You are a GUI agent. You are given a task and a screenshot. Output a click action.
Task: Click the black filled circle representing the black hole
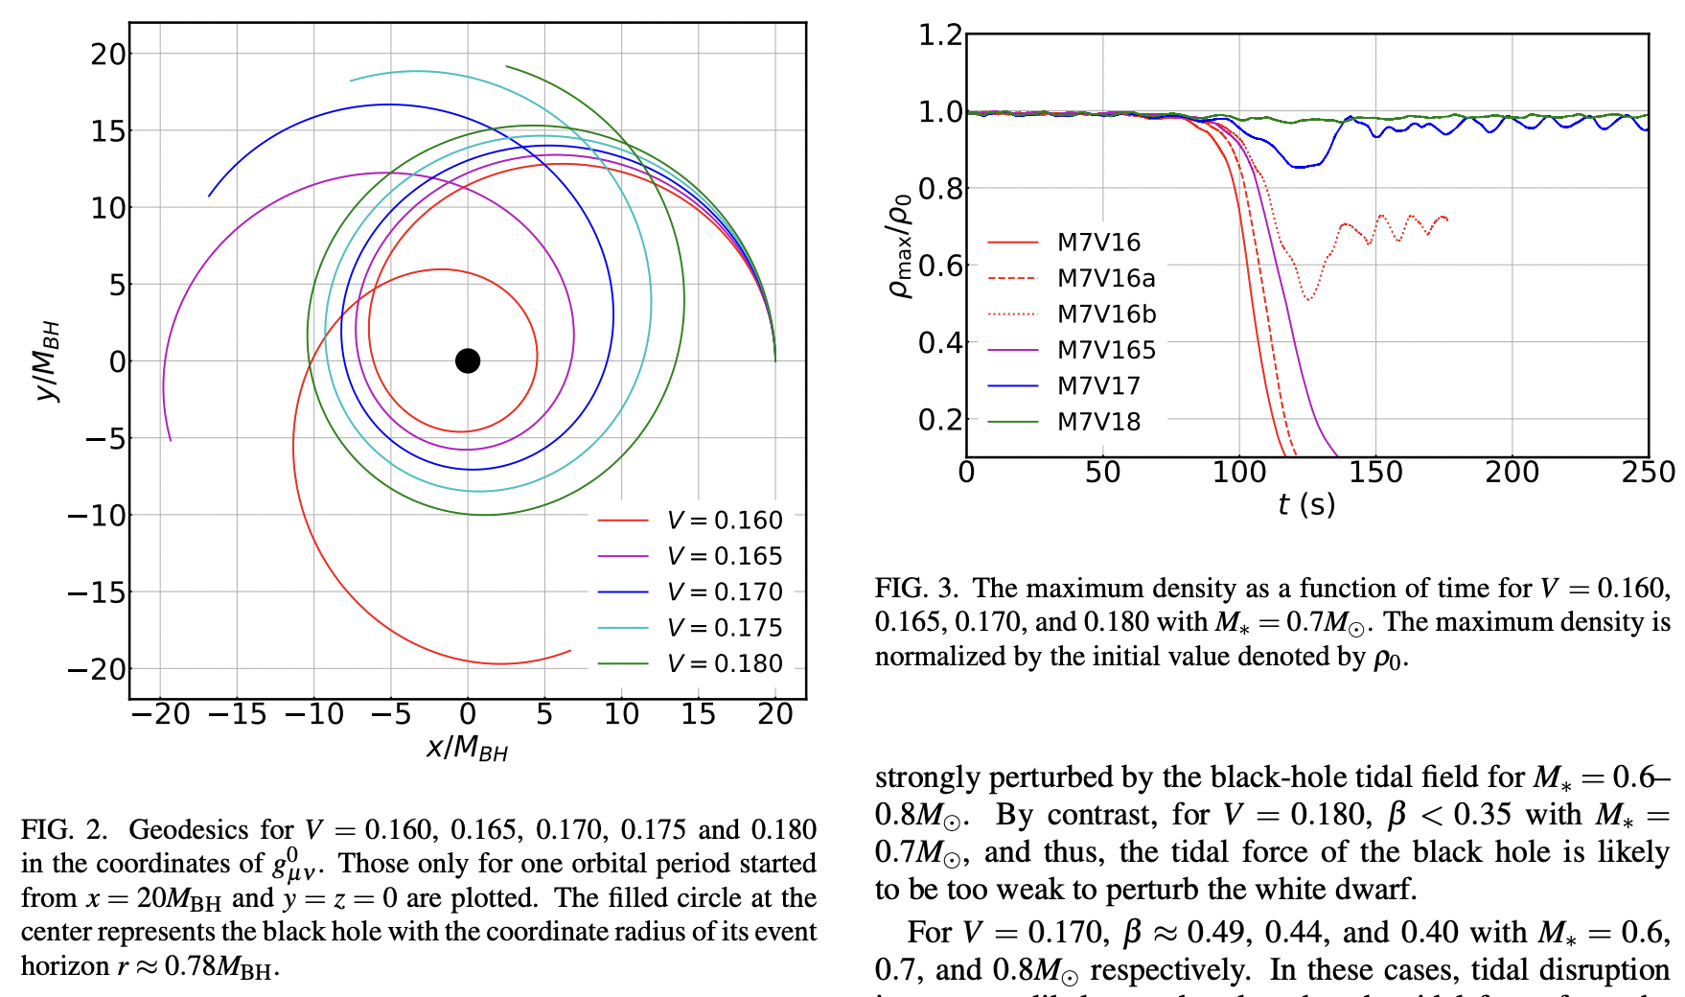(468, 361)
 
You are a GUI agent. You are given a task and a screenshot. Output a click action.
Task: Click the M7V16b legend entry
(1106, 314)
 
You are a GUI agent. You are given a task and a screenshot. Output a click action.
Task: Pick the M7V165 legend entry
(1106, 350)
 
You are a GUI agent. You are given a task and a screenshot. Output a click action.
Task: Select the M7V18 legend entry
(1098, 422)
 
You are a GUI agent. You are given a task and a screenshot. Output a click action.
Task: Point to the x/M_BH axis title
(468, 748)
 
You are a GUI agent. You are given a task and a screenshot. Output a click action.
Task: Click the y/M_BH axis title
(47, 361)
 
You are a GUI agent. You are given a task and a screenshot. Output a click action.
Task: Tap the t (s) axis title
(1306, 504)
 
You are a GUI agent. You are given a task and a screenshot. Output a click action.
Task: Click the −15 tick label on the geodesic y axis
(97, 593)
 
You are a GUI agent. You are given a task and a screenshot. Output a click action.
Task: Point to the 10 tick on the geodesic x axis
(621, 714)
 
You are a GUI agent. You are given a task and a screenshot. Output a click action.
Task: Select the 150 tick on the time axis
(1375, 473)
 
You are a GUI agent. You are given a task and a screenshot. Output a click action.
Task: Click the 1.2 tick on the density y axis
(940, 35)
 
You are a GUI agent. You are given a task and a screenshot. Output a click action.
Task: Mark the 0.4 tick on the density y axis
(940, 343)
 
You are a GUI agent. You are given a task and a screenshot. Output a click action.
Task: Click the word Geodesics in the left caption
(190, 830)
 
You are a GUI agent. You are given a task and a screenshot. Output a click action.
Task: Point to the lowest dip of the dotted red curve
(1308, 299)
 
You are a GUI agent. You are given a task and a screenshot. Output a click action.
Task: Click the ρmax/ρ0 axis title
(901, 246)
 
